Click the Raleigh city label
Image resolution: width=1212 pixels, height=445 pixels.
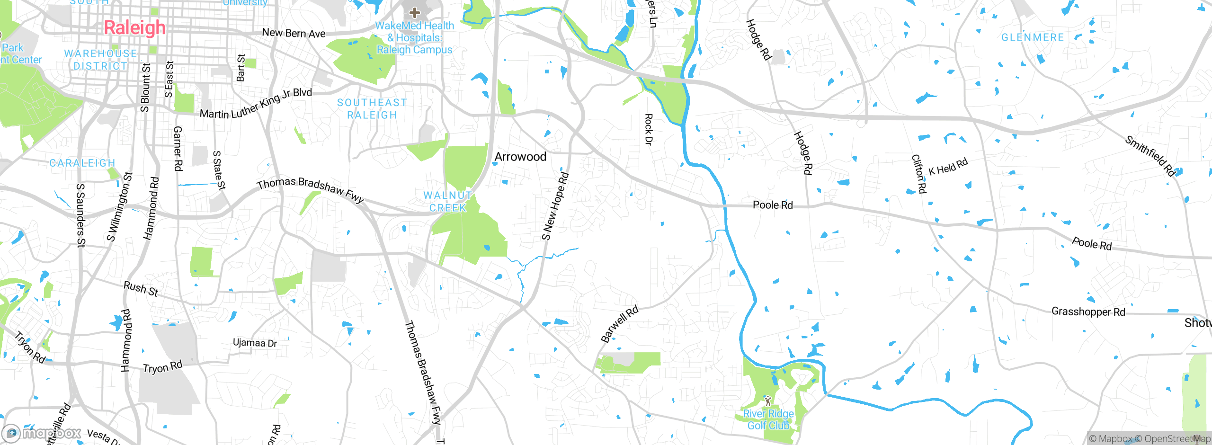(135, 28)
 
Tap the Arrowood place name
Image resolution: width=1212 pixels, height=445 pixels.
(520, 157)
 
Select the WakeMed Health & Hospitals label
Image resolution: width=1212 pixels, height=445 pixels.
(414, 38)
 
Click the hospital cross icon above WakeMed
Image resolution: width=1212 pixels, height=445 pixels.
(415, 13)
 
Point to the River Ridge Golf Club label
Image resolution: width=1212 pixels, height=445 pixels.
(768, 419)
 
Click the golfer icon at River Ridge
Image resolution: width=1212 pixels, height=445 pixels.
(767, 401)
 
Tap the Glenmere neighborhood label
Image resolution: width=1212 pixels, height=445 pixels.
(1033, 37)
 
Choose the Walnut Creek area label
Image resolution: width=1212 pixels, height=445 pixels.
(448, 202)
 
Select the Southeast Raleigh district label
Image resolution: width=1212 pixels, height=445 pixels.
(372, 109)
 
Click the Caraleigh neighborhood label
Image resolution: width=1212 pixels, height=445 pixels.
(82, 163)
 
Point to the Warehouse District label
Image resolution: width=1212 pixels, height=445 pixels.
(101, 60)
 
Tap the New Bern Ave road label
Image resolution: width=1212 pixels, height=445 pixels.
(294, 33)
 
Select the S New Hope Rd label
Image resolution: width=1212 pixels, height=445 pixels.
(555, 206)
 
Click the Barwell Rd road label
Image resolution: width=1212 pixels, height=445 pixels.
(619, 324)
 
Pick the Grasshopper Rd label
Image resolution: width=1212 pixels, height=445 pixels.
(1088, 311)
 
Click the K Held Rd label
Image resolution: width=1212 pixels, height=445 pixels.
(948, 167)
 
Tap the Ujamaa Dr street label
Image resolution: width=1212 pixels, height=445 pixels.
(255, 343)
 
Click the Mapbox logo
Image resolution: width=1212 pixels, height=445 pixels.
(42, 433)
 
